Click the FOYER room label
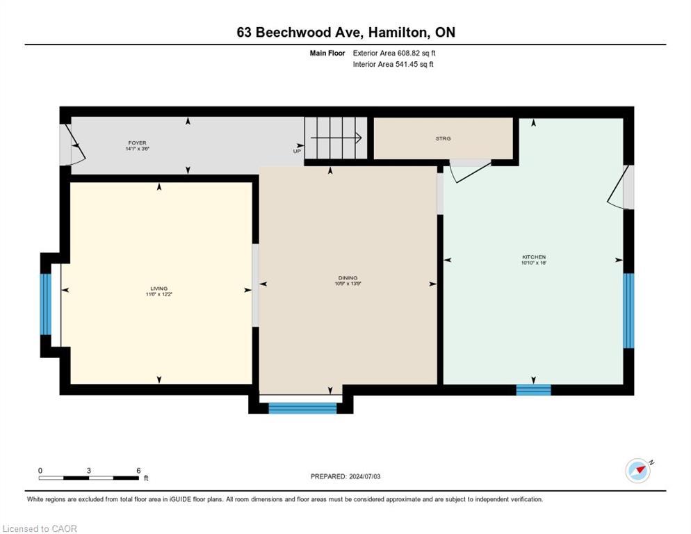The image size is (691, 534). point(137,143)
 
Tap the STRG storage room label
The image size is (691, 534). point(443,138)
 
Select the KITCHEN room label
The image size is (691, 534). point(534,257)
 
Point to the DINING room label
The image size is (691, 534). point(348,278)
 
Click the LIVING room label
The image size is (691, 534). point(159,289)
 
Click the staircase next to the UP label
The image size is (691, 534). point(336,138)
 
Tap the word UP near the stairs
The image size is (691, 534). point(297,151)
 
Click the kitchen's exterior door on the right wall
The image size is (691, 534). point(621,187)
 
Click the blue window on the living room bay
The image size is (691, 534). point(45,305)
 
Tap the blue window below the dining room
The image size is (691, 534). point(302,408)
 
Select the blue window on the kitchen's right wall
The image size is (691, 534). point(628,310)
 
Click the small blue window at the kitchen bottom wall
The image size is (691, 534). point(533,389)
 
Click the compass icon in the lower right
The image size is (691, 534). point(637,470)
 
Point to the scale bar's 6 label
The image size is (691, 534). point(138,470)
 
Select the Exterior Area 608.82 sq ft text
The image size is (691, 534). point(394,53)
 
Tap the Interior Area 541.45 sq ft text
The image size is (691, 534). point(393,65)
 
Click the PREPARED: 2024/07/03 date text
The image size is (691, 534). point(345,476)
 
